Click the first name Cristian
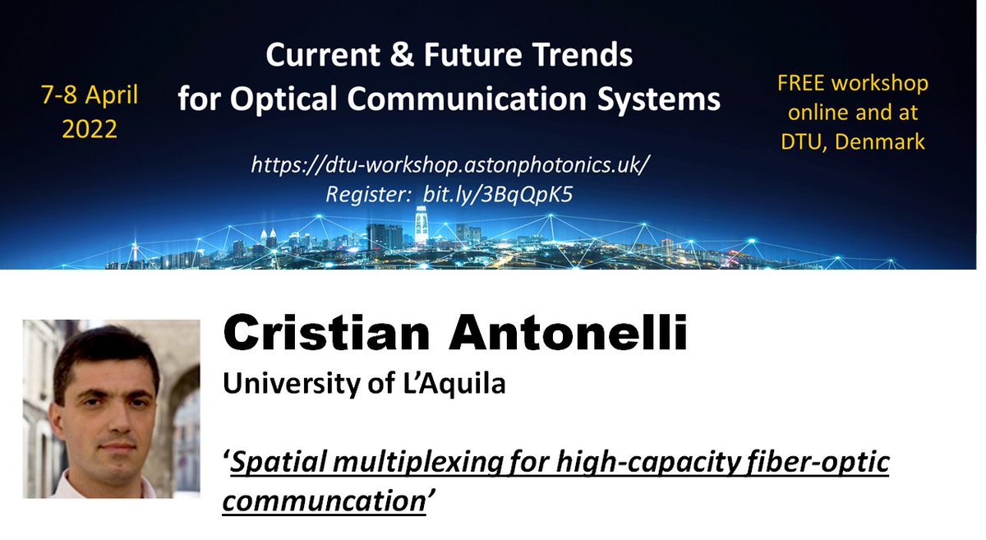pos(329,335)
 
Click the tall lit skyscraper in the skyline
pos(422,224)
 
